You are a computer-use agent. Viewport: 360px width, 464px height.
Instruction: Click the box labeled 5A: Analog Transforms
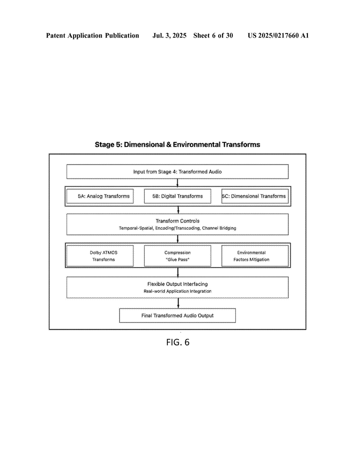click(x=100, y=196)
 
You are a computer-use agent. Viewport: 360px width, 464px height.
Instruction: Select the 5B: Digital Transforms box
click(x=178, y=196)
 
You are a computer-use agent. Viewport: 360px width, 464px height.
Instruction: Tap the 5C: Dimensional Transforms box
click(x=255, y=196)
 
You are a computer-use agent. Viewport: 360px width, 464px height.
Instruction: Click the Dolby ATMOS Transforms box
click(x=100, y=256)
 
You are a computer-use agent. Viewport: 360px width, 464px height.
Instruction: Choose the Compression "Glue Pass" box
click(x=178, y=256)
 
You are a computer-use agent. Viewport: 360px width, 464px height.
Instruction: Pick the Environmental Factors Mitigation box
click(x=255, y=256)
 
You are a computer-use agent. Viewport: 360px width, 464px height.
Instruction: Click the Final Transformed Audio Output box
click(x=178, y=315)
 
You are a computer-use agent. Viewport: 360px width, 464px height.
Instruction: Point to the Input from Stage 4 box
click(x=178, y=172)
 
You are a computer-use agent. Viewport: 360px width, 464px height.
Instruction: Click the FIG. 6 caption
click(x=178, y=343)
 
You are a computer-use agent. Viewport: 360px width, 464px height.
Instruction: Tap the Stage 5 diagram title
click(x=177, y=145)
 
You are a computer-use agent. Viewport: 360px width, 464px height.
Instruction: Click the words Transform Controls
click(x=178, y=221)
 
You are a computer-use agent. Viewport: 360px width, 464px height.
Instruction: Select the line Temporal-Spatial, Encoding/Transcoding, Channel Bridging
click(x=178, y=228)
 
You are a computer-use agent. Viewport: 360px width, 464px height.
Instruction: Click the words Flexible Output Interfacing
click(x=178, y=284)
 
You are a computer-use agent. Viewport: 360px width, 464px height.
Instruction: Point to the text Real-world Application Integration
click(x=178, y=291)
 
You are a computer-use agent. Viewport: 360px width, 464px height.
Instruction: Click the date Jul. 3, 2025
click(x=169, y=35)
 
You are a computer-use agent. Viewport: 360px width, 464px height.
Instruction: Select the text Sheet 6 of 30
click(x=213, y=35)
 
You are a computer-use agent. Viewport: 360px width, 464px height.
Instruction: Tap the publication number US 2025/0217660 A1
click(x=278, y=35)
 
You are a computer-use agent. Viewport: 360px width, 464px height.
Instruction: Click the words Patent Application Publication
click(x=92, y=35)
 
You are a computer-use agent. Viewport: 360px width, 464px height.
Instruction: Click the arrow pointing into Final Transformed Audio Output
click(x=178, y=303)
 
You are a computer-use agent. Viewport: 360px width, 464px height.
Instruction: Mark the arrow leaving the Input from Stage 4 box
click(x=178, y=183)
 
